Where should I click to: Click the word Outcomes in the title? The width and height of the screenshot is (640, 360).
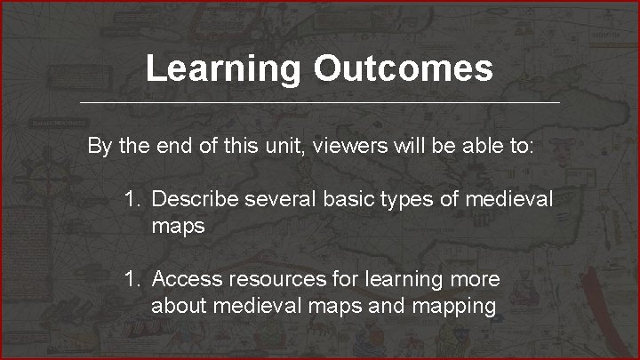click(x=403, y=68)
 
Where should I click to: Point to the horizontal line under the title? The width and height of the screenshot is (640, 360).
click(x=320, y=103)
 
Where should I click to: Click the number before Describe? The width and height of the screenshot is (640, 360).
click(x=132, y=199)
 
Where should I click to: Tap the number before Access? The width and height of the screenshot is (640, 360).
click(x=132, y=279)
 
